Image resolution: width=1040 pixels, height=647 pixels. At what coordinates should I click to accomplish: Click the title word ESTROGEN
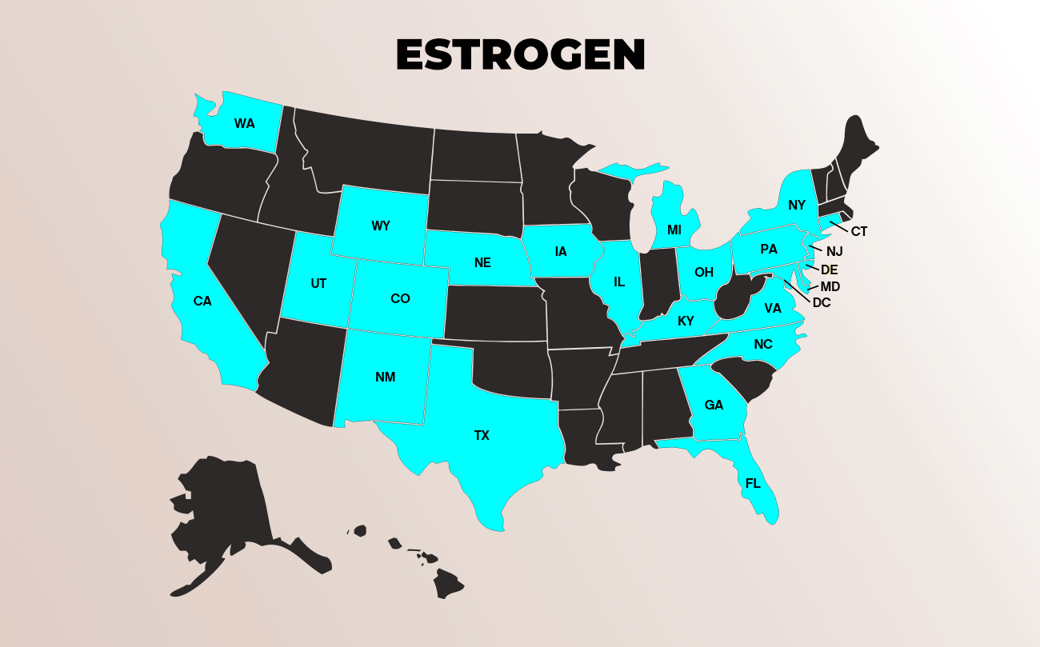point(520,54)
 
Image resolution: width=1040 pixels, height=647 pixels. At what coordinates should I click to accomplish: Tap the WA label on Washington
point(244,123)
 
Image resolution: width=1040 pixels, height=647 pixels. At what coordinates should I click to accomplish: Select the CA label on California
point(202,302)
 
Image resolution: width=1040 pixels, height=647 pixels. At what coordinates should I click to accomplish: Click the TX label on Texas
point(481,436)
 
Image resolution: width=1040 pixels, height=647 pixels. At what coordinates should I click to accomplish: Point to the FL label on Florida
point(753,483)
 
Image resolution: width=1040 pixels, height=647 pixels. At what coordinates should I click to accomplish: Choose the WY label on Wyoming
point(381,226)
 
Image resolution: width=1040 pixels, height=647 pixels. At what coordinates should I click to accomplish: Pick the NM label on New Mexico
point(385,377)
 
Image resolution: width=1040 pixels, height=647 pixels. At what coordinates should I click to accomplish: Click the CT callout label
point(859,232)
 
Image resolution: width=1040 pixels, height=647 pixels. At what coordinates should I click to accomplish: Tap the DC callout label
point(822,303)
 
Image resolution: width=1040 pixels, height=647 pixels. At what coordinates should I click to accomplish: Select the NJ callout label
point(834,251)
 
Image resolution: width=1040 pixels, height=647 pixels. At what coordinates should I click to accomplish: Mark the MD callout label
point(830,286)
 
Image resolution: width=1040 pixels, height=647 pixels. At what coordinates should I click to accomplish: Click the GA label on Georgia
point(714,405)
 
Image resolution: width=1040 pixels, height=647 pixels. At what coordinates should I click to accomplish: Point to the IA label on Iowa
point(561,252)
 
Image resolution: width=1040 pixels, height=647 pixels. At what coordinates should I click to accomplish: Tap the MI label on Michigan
point(674,230)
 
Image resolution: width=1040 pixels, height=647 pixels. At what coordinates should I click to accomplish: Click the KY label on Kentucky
point(685,322)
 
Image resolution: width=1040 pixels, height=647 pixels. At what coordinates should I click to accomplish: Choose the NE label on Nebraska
point(482,262)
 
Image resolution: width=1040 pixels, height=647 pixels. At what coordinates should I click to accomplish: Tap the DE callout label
point(829,269)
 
